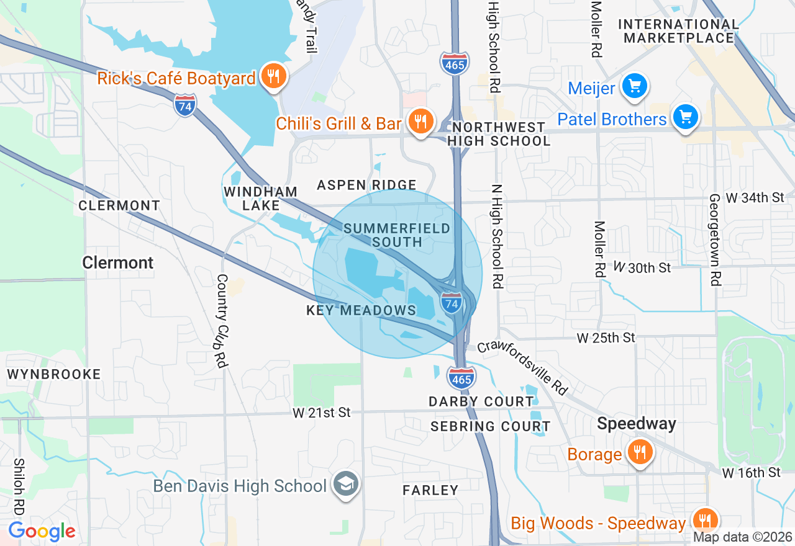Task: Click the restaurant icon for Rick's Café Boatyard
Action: pyautogui.click(x=272, y=76)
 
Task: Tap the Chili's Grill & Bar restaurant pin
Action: pyautogui.click(x=421, y=122)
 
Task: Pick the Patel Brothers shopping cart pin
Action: pyautogui.click(x=685, y=117)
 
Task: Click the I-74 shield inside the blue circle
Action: pyautogui.click(x=452, y=303)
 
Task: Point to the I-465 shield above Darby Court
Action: pyautogui.click(x=461, y=377)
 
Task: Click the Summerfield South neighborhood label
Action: pyautogui.click(x=396, y=235)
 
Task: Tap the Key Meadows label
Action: pyautogui.click(x=361, y=310)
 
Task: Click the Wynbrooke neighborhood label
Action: pyautogui.click(x=53, y=374)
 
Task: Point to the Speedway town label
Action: pyautogui.click(x=637, y=424)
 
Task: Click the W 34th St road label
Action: pyautogui.click(x=755, y=198)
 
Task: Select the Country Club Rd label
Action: pyautogui.click(x=222, y=321)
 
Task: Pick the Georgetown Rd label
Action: pyautogui.click(x=715, y=239)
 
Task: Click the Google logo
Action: pyautogui.click(x=42, y=531)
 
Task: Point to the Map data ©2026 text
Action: pyautogui.click(x=743, y=537)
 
